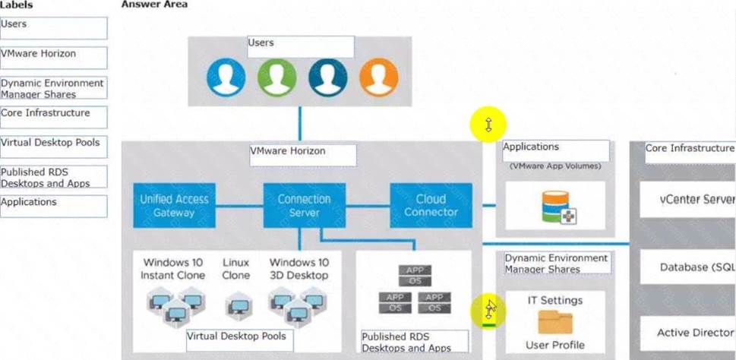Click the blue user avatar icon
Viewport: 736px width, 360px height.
[226, 77]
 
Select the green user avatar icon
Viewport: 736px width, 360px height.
[276, 77]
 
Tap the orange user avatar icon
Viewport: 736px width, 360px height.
[377, 77]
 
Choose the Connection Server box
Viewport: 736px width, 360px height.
[304, 206]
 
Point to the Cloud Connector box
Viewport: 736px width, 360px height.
[431, 206]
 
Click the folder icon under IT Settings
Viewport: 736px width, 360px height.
[555, 322]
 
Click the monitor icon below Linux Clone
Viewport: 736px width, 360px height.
[237, 306]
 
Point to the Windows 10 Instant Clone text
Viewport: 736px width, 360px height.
[173, 269]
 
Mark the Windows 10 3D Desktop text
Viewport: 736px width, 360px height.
[299, 269]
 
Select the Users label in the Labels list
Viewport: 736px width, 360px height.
[53, 28]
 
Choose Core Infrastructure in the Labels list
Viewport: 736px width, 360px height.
[53, 117]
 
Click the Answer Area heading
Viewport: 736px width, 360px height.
[154, 5]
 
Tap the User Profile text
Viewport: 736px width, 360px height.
[555, 345]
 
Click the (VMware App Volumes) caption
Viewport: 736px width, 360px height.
[555, 165]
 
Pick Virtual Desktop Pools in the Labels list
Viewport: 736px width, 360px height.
[53, 147]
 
